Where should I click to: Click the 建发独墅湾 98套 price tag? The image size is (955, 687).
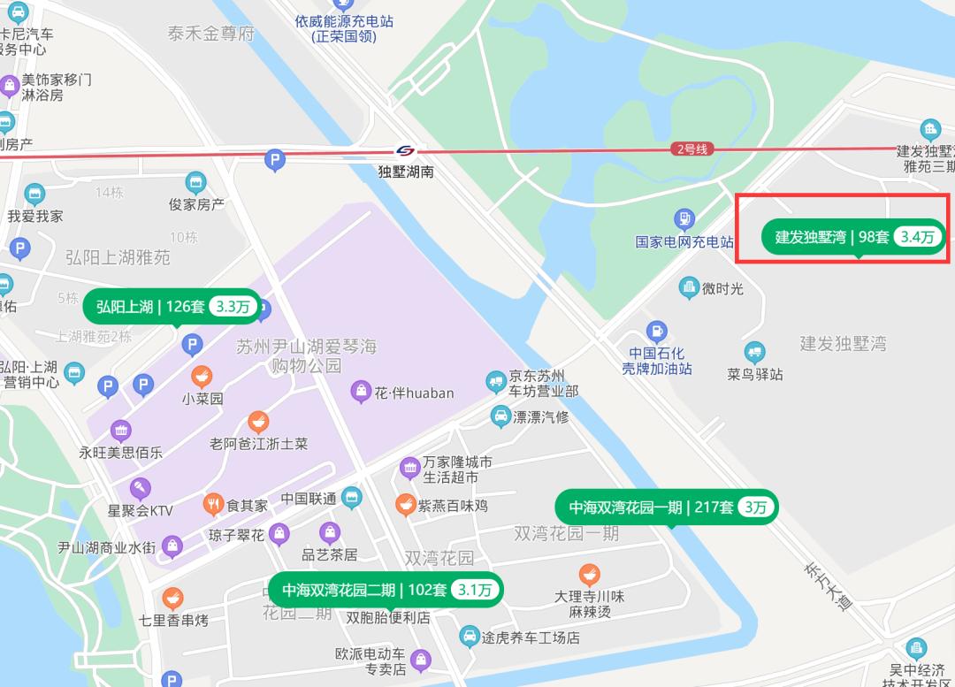point(854,237)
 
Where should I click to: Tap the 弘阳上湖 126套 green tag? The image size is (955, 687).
point(172,307)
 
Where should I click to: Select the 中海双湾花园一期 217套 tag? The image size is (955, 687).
point(667,508)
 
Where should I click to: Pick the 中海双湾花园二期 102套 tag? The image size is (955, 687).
point(386,590)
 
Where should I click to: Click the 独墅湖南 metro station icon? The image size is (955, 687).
point(406,151)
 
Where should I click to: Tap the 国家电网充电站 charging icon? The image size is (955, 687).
point(684,218)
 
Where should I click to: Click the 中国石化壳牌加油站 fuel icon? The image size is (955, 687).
point(656,332)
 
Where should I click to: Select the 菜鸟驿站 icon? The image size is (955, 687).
point(754,353)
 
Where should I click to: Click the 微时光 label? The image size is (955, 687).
point(722,288)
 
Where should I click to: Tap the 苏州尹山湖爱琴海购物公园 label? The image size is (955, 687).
point(306,355)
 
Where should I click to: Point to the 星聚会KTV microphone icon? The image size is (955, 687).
point(140,488)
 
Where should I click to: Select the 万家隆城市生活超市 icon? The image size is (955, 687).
point(409,468)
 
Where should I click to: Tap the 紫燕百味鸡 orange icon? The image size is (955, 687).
point(405,505)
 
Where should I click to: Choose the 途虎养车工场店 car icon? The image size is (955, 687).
point(469,636)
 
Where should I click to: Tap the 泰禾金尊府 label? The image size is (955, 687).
point(210,34)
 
